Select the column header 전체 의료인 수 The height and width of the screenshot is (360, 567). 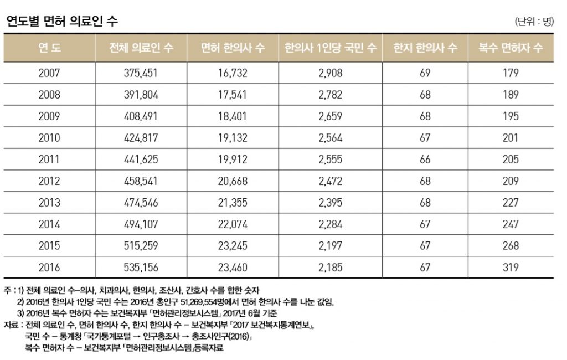[x=141, y=48]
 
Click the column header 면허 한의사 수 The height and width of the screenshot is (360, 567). [x=233, y=48]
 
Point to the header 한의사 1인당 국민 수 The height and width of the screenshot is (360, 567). [x=330, y=48]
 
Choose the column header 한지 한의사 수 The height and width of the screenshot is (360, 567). [x=425, y=48]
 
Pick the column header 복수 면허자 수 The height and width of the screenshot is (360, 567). [x=511, y=48]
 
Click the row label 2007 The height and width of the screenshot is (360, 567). [x=49, y=73]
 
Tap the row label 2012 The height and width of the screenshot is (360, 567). [x=49, y=181]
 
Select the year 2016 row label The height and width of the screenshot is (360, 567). [x=49, y=268]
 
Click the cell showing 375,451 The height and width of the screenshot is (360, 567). [x=141, y=73]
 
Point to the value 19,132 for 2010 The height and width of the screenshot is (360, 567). [x=233, y=138]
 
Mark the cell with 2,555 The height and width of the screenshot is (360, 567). [x=331, y=160]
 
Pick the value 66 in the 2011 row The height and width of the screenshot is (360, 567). [x=425, y=160]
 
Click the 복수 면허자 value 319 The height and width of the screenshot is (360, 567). [x=511, y=268]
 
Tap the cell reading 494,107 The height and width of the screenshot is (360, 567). [x=141, y=224]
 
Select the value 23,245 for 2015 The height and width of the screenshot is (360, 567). [x=233, y=246]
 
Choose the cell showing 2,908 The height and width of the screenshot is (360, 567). [x=331, y=73]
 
